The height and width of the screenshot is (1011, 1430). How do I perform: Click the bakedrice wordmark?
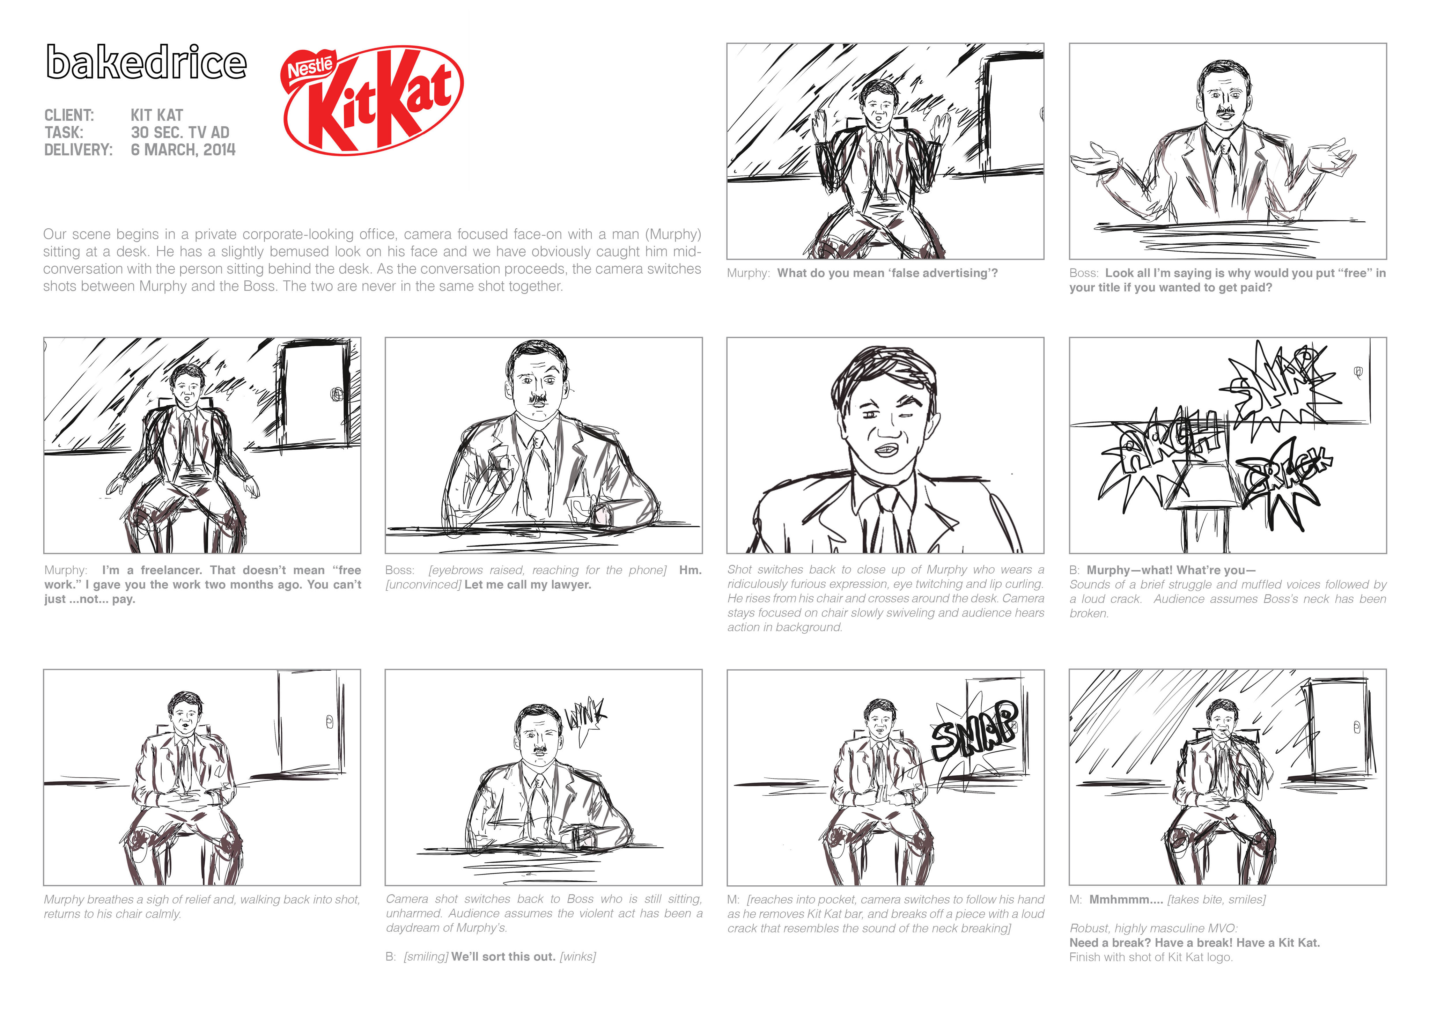click(x=146, y=62)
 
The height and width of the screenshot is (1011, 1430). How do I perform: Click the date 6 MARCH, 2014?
click(x=183, y=149)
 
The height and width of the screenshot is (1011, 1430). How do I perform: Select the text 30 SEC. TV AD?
click(x=180, y=132)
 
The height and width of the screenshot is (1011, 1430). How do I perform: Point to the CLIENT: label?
click(x=69, y=115)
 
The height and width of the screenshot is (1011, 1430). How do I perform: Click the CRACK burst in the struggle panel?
click(x=1283, y=480)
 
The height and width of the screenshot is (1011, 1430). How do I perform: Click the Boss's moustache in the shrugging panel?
click(x=1226, y=112)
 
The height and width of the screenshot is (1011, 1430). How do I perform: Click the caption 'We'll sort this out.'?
click(x=503, y=956)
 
